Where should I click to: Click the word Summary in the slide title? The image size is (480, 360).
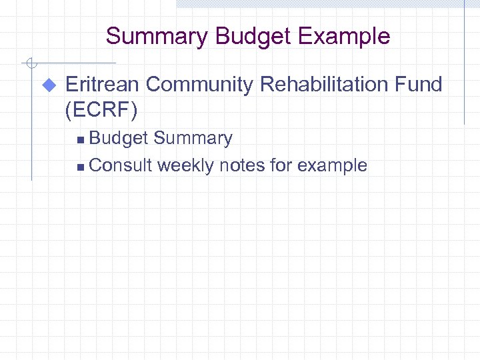[157, 36]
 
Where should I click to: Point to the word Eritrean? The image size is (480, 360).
[103, 85]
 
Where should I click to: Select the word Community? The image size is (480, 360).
[200, 85]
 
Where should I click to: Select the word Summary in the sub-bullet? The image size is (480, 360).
[193, 139]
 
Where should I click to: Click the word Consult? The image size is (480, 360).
[121, 165]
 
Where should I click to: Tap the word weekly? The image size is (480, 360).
[187, 165]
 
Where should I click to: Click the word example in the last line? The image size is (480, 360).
[333, 166]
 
